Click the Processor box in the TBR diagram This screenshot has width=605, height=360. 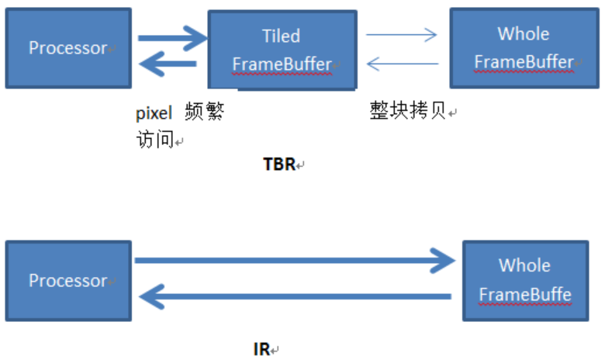(67, 48)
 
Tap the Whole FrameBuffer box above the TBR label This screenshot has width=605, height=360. (524, 48)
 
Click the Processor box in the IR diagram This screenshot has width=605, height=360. (67, 280)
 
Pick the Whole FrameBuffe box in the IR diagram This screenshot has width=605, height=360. (524, 280)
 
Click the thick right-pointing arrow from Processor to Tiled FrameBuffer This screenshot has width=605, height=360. (173, 36)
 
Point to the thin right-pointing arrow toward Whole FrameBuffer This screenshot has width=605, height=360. (402, 34)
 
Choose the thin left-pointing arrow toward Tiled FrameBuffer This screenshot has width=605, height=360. (402, 64)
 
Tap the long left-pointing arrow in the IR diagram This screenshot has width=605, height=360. (295, 296)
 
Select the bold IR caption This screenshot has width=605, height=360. (261, 349)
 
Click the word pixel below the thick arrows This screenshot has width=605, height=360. (153, 113)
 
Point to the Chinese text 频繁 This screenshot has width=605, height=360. (204, 113)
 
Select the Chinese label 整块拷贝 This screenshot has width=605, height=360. (408, 112)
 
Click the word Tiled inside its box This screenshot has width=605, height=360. (282, 36)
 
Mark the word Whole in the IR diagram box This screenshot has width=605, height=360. (524, 265)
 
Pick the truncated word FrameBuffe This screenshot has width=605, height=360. (524, 295)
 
